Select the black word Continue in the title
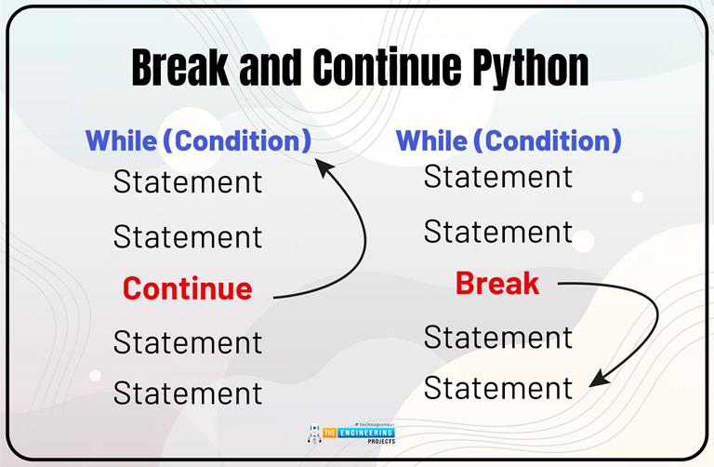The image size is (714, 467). coord(371,69)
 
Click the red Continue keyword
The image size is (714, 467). coord(187,288)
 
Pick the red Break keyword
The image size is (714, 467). coord(497,284)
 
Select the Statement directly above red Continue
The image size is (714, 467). coord(188,236)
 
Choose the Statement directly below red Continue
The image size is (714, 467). coord(188,341)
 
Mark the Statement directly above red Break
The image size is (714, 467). coord(498,232)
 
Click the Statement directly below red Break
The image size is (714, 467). coord(498,337)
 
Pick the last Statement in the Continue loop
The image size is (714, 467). coord(188,393)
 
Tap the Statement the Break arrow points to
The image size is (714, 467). coord(498,388)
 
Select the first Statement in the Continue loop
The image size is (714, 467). coord(188,181)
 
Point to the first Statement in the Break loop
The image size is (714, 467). coord(498,177)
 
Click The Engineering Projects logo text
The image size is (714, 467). coord(359,434)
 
